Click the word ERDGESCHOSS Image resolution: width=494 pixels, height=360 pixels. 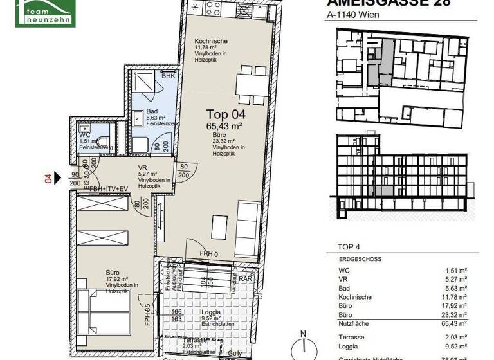coord(360,259)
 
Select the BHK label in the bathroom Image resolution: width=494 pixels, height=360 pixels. coord(168,76)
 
